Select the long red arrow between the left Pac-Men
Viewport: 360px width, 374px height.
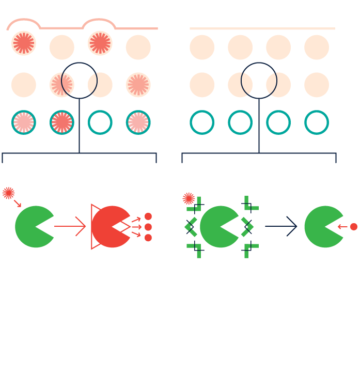[70, 226]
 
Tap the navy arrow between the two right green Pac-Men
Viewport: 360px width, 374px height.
[281, 226]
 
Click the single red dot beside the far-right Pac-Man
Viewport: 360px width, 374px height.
[354, 227]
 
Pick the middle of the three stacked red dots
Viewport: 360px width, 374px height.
[148, 227]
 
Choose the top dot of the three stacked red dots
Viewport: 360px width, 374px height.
[148, 216]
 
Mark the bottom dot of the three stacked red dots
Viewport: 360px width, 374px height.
[148, 238]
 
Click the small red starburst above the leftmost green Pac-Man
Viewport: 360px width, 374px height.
[8, 193]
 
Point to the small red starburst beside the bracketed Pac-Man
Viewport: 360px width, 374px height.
[189, 198]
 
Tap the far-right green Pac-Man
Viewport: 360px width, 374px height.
[322, 227]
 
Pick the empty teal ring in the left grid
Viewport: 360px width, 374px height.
[100, 122]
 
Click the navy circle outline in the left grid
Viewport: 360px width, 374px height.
[79, 81]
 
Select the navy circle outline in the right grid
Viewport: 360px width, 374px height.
[259, 81]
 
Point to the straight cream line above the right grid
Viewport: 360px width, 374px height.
[262, 28]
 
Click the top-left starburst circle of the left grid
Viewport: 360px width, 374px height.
[24, 43]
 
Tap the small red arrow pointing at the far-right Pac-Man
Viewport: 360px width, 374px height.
[342, 227]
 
